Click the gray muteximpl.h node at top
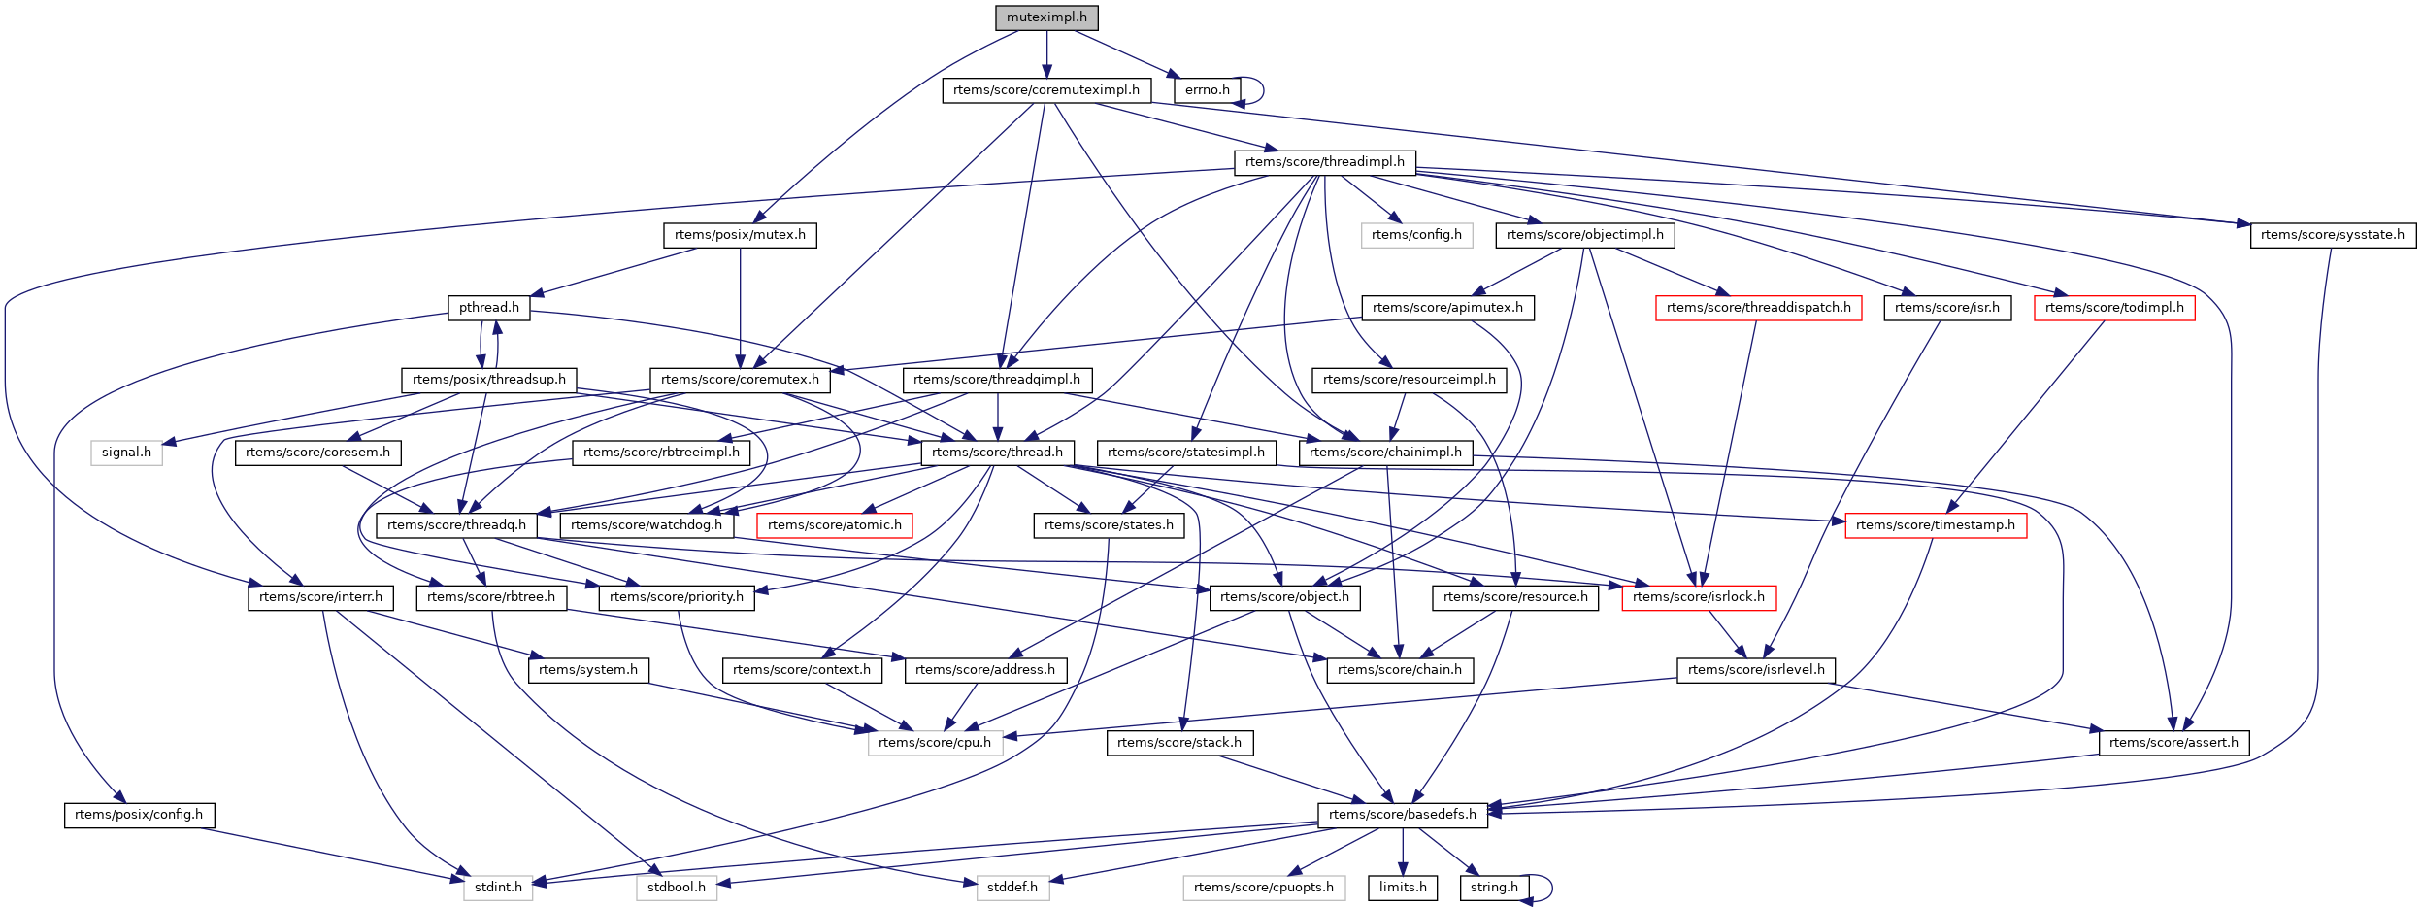pyautogui.click(x=1046, y=17)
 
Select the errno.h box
pyautogui.click(x=1207, y=90)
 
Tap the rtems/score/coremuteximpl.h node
pyautogui.click(x=1045, y=90)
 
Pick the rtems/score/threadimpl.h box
pyautogui.click(x=1324, y=162)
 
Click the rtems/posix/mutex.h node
pyautogui.click(x=740, y=235)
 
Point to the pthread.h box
pyautogui.click(x=488, y=308)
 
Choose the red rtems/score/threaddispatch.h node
pyautogui.click(x=1758, y=308)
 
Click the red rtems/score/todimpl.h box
pyautogui.click(x=2113, y=308)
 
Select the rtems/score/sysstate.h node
pyautogui.click(x=2332, y=235)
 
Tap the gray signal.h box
pyautogui.click(x=126, y=453)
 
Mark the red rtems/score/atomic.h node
pyautogui.click(x=834, y=525)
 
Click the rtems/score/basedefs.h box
pyautogui.click(x=1402, y=815)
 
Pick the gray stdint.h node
pyautogui.click(x=498, y=888)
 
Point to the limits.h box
pyautogui.click(x=1403, y=888)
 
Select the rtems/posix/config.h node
pyautogui.click(x=139, y=815)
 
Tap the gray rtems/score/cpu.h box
pyautogui.click(x=935, y=743)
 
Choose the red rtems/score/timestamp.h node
pyautogui.click(x=1935, y=525)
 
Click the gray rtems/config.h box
pyautogui.click(x=1416, y=235)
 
